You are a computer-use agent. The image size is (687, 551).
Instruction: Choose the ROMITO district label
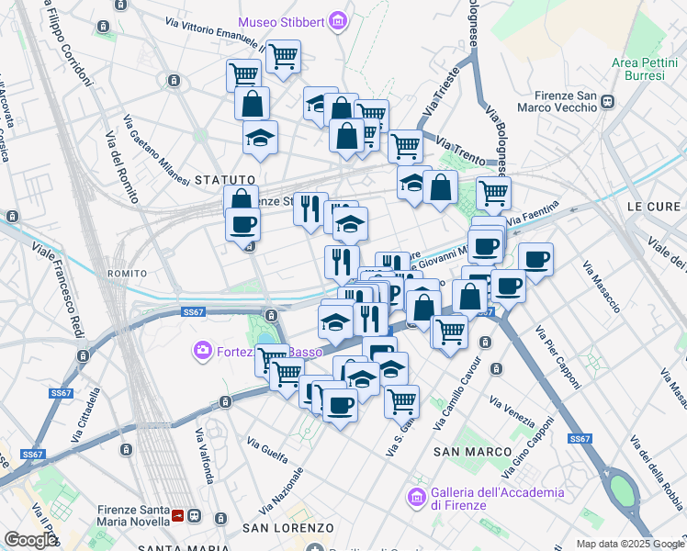[x=127, y=274]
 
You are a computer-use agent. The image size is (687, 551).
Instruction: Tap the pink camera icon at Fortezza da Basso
[x=201, y=350]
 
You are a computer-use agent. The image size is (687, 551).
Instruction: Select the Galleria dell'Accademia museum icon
[x=415, y=498]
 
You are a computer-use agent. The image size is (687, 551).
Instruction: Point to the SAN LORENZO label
[x=287, y=528]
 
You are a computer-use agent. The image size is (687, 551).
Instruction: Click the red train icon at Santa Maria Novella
[x=178, y=518]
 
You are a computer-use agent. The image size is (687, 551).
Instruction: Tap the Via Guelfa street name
[x=266, y=449]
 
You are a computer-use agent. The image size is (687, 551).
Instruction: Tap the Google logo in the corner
[x=31, y=540]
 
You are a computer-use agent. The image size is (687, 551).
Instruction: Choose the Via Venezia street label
[x=512, y=413]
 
